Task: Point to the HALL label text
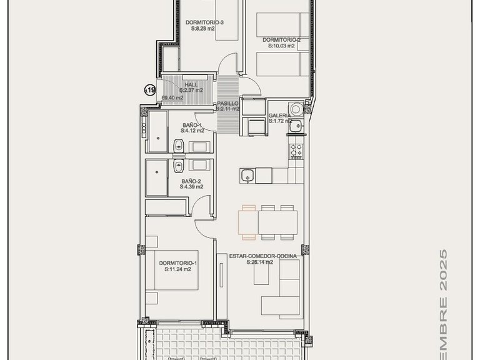point(191,85)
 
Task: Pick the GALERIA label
point(279,116)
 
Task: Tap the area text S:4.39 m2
point(191,186)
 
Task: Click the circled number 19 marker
point(150,91)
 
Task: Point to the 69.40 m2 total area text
point(172,98)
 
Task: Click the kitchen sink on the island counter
point(248,175)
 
